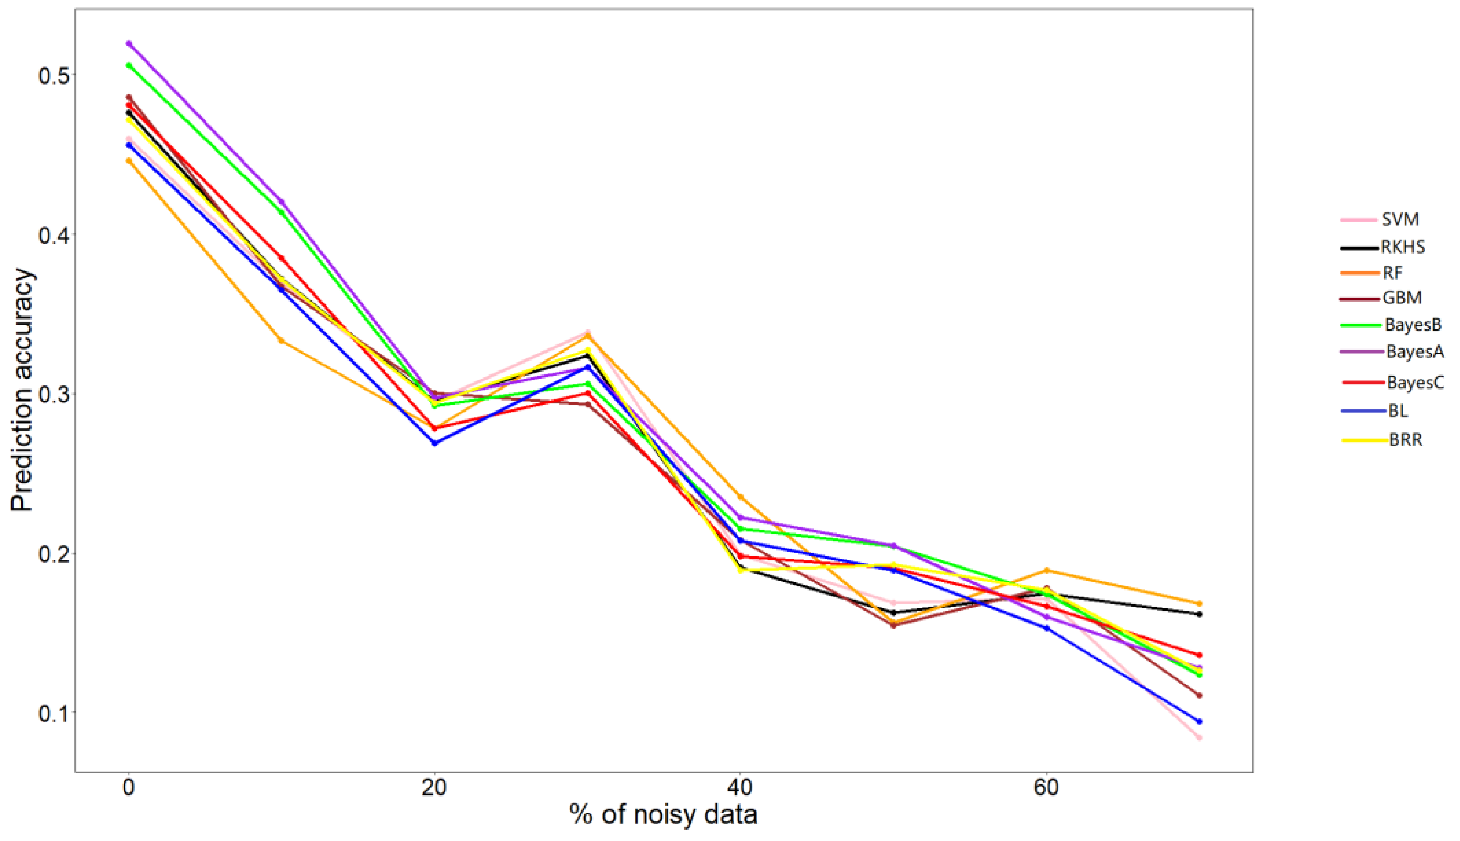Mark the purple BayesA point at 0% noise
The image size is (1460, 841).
coord(129,44)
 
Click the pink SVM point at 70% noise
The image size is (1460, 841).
coord(1199,738)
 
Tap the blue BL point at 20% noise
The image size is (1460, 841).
coord(434,443)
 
